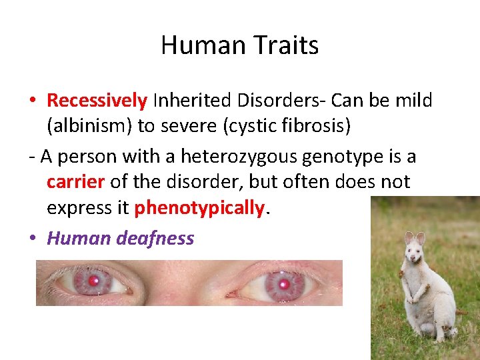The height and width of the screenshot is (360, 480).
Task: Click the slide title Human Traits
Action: [239, 45]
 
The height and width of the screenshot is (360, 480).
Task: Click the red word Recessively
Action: [97, 101]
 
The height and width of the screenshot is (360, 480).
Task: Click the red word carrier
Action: [75, 183]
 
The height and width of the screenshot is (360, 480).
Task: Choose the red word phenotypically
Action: [199, 209]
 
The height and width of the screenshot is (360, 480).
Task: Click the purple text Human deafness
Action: [120, 238]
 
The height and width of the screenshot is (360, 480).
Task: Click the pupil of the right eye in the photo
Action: [284, 285]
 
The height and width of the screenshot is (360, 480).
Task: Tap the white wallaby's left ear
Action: [408, 237]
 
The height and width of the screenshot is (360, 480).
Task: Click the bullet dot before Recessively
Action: [32, 101]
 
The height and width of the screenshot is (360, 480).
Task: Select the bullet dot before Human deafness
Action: [32, 239]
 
